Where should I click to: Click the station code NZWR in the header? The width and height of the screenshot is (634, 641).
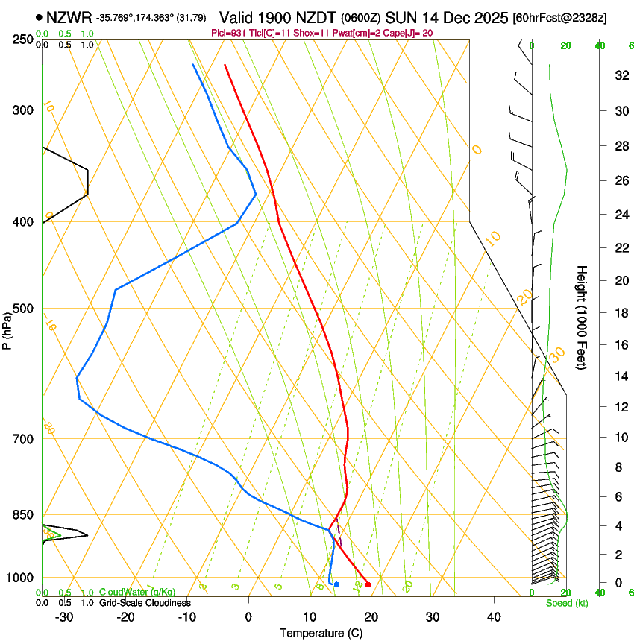coord(69,17)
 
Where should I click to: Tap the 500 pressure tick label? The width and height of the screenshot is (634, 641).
coord(22,309)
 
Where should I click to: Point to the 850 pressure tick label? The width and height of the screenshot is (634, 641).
coord(22,515)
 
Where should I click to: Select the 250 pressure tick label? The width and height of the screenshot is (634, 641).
coord(22,39)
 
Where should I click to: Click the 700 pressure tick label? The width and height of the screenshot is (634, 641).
coord(22,439)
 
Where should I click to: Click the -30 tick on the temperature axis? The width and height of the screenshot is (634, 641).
coord(64,616)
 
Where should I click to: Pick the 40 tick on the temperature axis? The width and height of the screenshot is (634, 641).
coord(494,616)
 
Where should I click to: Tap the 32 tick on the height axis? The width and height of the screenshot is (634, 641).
coord(620,75)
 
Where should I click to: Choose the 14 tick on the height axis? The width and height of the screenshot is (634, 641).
coord(620,377)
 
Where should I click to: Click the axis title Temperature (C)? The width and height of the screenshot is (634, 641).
coord(321,633)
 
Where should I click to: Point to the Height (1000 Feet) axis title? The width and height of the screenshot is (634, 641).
coord(582,318)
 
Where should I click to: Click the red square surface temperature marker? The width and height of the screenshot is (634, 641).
coord(368,584)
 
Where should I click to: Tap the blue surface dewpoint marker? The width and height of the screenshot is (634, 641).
coord(337,584)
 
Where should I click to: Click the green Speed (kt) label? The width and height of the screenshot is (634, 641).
coord(566,603)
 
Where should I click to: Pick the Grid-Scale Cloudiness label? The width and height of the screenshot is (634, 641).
coord(145,602)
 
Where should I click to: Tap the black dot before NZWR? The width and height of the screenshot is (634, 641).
coord(39,17)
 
